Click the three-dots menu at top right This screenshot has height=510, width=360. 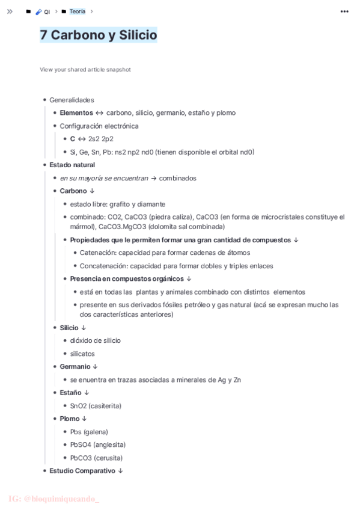[344, 11]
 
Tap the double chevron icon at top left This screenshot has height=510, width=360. [10, 11]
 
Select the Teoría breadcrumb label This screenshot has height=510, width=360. [78, 11]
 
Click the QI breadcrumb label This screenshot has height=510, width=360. [47, 12]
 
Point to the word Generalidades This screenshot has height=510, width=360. [72, 100]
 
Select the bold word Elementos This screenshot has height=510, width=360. [76, 113]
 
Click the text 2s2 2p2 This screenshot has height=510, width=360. [101, 139]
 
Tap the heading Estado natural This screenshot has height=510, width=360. [72, 165]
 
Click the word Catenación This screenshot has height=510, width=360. [99, 253]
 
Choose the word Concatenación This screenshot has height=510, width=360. [103, 266]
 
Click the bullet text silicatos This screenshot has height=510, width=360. [82, 354]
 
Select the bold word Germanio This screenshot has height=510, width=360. [75, 367]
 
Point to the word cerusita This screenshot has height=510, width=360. [108, 458]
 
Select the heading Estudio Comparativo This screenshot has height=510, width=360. [82, 471]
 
